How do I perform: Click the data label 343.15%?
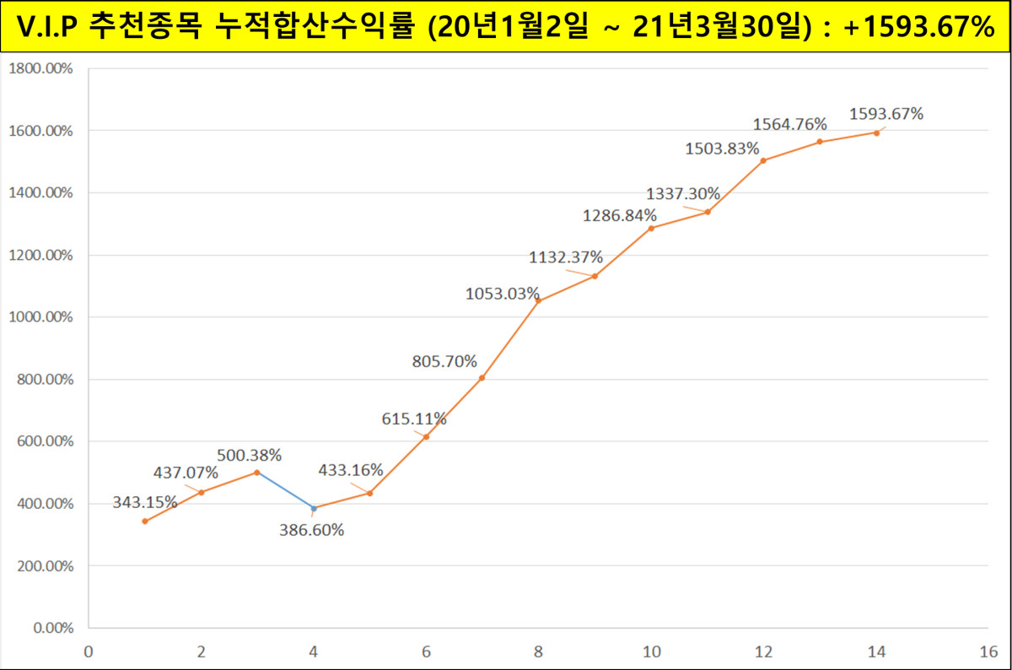(x=145, y=502)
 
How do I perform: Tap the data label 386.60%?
(x=312, y=530)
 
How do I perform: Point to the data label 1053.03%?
(x=502, y=294)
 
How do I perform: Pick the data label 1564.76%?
(x=790, y=124)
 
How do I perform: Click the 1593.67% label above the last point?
(x=886, y=113)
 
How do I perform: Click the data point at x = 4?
(x=314, y=508)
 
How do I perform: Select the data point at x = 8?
(x=538, y=301)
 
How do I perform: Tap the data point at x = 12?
(x=763, y=160)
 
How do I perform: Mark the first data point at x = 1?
(x=145, y=521)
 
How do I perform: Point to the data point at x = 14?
(x=876, y=132)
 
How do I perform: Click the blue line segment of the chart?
(x=284, y=490)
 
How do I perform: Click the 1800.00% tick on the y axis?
(x=40, y=69)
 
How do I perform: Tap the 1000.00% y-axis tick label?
(x=40, y=317)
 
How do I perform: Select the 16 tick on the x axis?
(x=988, y=651)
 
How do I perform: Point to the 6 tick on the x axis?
(x=427, y=651)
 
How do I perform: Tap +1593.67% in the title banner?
(x=919, y=28)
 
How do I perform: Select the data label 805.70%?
(x=444, y=361)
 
